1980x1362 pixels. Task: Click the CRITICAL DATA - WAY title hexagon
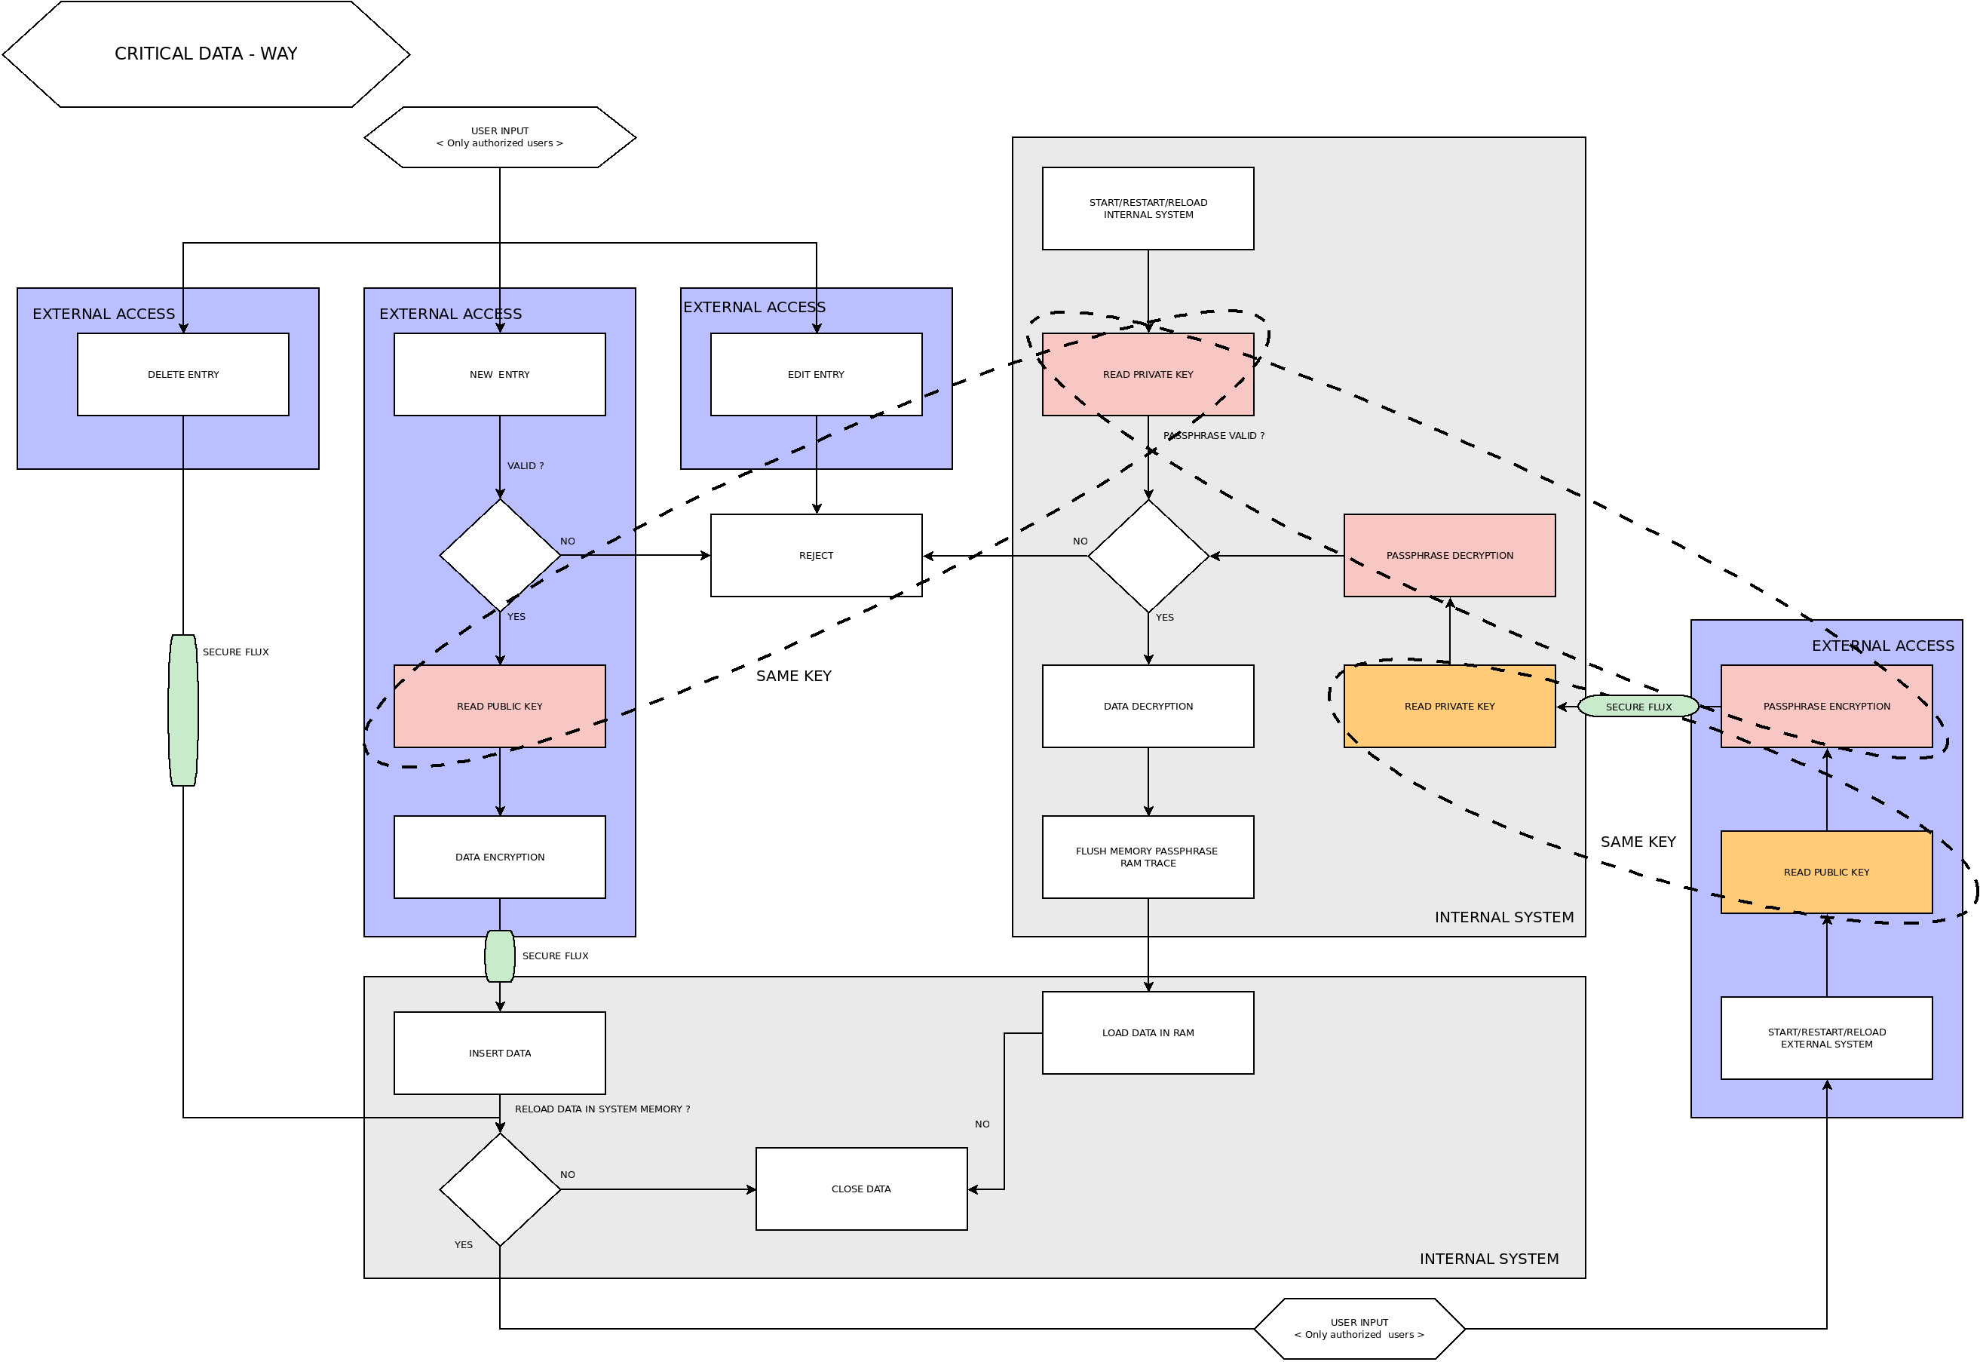click(x=206, y=54)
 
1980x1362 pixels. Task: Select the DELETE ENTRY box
click(x=182, y=375)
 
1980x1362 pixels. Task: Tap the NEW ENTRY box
click(x=499, y=375)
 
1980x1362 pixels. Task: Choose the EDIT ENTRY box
click(x=816, y=375)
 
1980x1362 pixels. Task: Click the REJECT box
click(x=816, y=556)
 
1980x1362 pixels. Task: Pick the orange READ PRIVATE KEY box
click(x=1448, y=707)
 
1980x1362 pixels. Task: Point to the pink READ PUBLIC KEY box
click(x=499, y=707)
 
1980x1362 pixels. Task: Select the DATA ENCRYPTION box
click(x=499, y=857)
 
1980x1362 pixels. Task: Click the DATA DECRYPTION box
click(x=1148, y=707)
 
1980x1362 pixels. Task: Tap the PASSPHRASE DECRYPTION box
click(x=1448, y=556)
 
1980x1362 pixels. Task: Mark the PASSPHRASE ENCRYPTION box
click(x=1825, y=707)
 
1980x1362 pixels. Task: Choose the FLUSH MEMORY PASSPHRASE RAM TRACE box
click(x=1148, y=857)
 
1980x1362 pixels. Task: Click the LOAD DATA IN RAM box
click(x=1148, y=1032)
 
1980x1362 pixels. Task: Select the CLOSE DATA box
click(x=861, y=1189)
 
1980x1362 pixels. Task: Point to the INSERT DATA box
click(x=499, y=1053)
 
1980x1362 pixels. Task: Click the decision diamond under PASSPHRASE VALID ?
click(x=1148, y=556)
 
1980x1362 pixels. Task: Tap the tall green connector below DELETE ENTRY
click(x=182, y=710)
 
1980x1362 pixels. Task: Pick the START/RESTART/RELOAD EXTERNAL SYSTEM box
click(x=1825, y=1038)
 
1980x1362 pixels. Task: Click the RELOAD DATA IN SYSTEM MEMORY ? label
click(x=602, y=1109)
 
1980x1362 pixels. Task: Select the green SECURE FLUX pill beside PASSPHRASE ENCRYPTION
click(x=1637, y=707)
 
